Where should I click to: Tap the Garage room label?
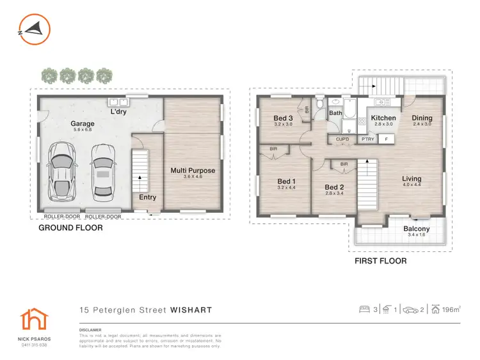[x=82, y=124]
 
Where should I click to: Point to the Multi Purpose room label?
[x=192, y=171]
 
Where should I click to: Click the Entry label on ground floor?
[x=148, y=198]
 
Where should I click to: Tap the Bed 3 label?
[x=283, y=118]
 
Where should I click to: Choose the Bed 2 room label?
[x=334, y=187]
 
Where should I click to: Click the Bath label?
[x=336, y=114]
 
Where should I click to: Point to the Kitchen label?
[x=383, y=118]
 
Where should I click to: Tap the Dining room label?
[x=422, y=118]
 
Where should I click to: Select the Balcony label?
[x=416, y=229]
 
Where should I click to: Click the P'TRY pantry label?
[x=367, y=138]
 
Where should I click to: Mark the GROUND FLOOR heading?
[x=70, y=228]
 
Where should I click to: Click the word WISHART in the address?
[x=190, y=310]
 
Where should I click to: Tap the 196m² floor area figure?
[x=451, y=310]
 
